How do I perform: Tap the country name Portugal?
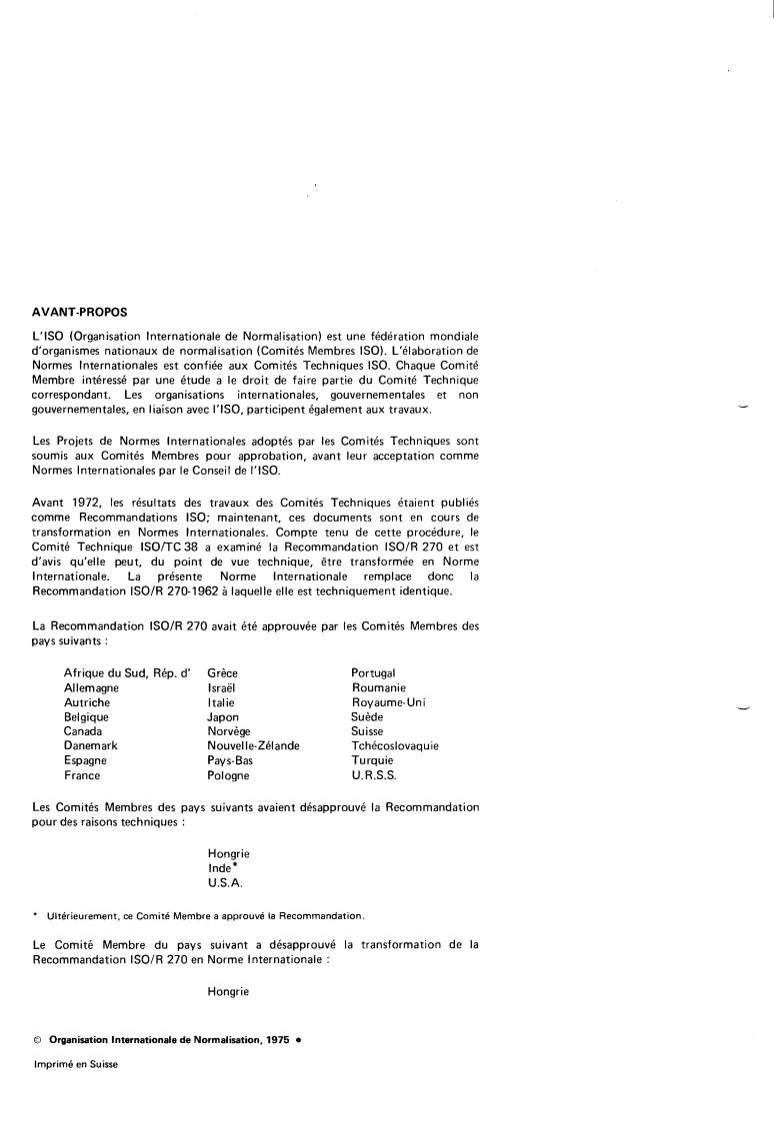pyautogui.click(x=373, y=673)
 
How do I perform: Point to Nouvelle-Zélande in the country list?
pyautogui.click(x=253, y=745)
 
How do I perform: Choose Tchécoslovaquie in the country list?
pyautogui.click(x=395, y=745)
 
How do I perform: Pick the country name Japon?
pyautogui.click(x=223, y=716)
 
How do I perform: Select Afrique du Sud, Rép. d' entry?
pyautogui.click(x=127, y=673)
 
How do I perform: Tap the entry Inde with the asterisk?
pyautogui.click(x=219, y=868)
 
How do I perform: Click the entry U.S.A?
pyautogui.click(x=225, y=883)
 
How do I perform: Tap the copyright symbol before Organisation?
pyautogui.click(x=37, y=1040)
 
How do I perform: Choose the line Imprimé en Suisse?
pyautogui.click(x=75, y=1065)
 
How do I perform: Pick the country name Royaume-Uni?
pyautogui.click(x=389, y=702)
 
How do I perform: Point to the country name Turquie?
pyautogui.click(x=372, y=760)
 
